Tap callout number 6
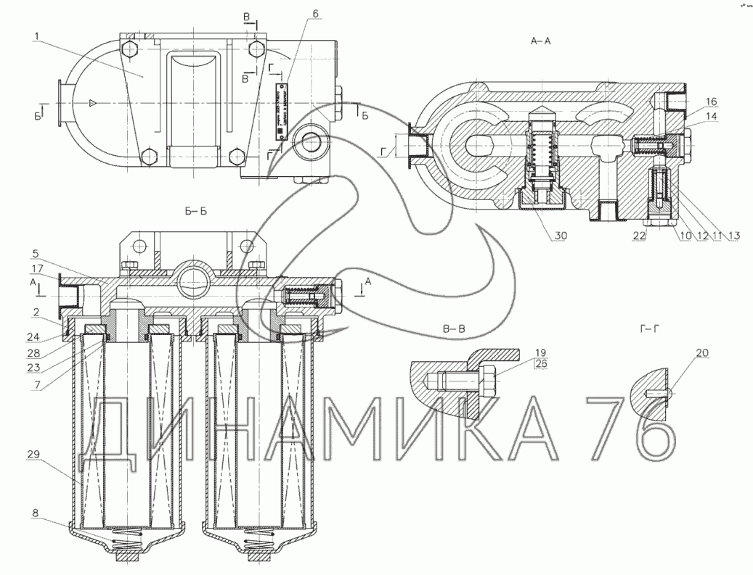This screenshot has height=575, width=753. [x=315, y=13]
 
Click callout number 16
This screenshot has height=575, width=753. [x=710, y=102]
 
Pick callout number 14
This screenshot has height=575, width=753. [x=710, y=115]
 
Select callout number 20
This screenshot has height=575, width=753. [x=701, y=353]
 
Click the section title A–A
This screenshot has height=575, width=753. [x=541, y=42]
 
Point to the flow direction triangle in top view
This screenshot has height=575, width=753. [x=92, y=104]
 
